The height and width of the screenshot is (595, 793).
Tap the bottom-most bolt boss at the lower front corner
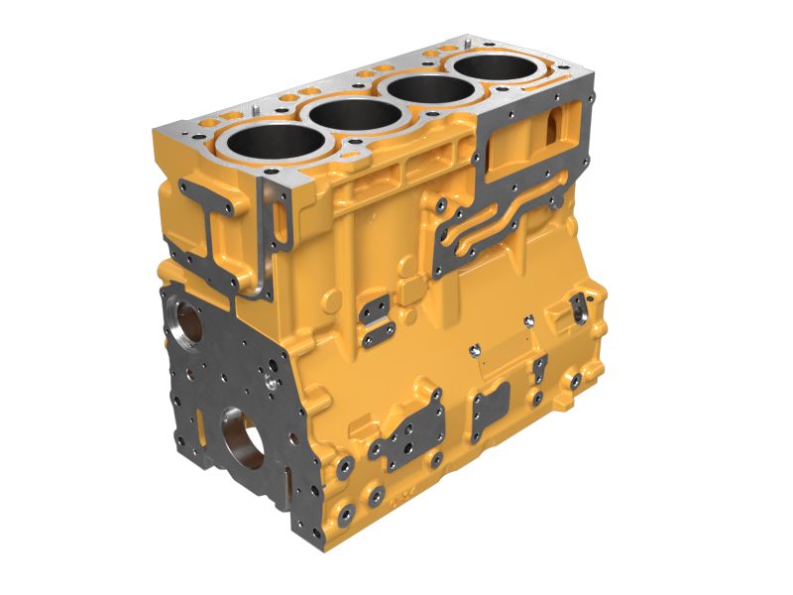[346, 514]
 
